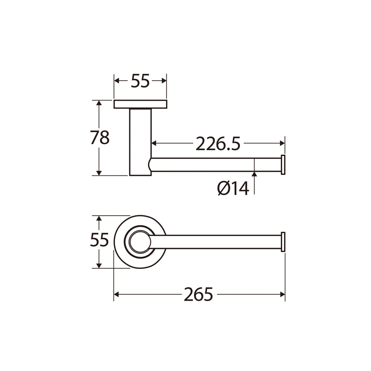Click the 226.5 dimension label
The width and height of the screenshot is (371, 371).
click(x=218, y=144)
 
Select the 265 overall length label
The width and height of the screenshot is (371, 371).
click(x=198, y=294)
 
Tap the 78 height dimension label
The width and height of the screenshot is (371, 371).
click(x=100, y=138)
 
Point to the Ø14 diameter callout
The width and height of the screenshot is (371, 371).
click(x=233, y=189)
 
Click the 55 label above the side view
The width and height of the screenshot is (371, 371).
click(x=140, y=81)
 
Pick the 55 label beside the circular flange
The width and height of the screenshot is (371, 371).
click(x=99, y=240)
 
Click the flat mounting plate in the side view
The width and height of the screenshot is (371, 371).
click(x=140, y=104)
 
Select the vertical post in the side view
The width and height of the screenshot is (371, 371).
click(x=140, y=142)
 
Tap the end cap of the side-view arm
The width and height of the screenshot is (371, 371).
click(x=283, y=165)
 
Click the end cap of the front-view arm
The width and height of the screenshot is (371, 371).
click(x=283, y=242)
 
